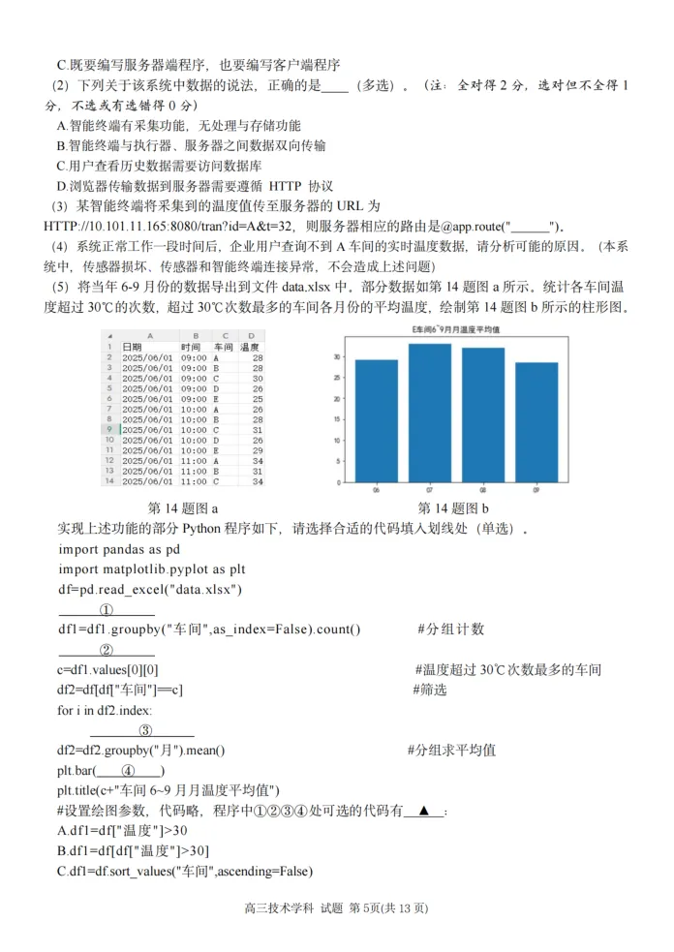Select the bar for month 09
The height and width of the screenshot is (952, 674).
click(x=536, y=422)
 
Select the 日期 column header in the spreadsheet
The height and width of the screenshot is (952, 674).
click(x=132, y=346)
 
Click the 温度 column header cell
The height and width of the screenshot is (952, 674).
click(x=250, y=346)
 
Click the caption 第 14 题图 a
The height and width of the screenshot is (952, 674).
click(x=183, y=508)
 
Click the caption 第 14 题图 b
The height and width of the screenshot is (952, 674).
click(x=453, y=508)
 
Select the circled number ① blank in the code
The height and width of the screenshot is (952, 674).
click(x=106, y=610)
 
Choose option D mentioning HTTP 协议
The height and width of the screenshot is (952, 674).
click(x=194, y=186)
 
